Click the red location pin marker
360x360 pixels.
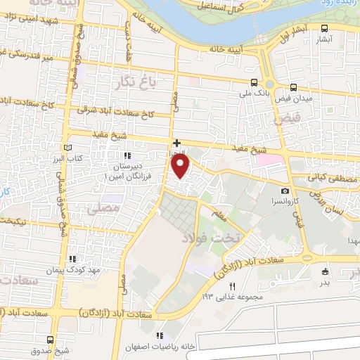tap(181, 167)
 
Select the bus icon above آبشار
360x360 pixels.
tap(323, 30)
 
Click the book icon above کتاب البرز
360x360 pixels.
tap(68, 148)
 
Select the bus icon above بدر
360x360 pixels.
tap(324, 271)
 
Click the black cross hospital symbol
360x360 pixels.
tap(177, 143)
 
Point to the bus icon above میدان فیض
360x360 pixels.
tap(290, 86)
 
